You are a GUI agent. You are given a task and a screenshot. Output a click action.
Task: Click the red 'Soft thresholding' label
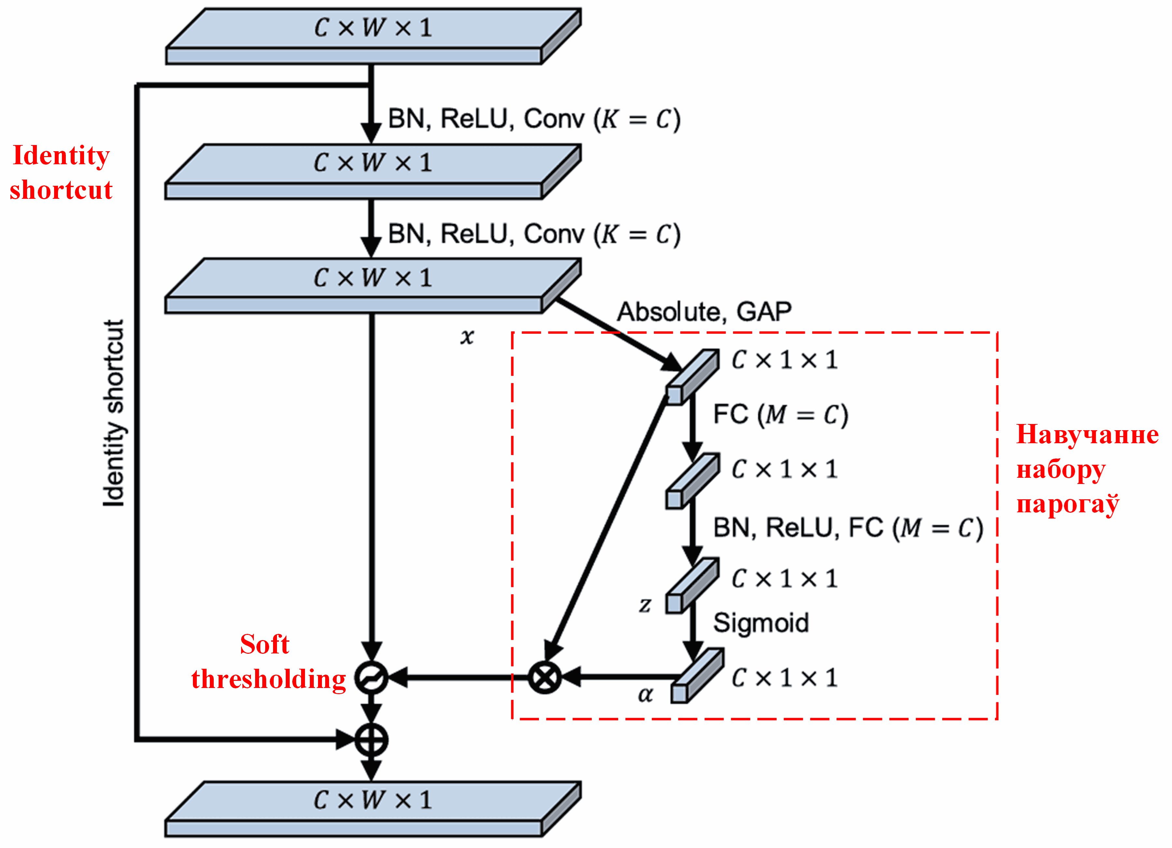pos(268,662)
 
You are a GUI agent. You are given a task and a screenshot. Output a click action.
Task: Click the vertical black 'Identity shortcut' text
pos(114,413)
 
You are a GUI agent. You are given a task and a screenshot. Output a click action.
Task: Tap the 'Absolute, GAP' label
pos(704,312)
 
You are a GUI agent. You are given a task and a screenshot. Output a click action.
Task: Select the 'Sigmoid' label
pos(761,623)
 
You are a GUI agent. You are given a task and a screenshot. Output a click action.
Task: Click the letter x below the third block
pos(467,337)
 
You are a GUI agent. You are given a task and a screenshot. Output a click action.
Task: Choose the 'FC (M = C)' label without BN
pos(780,415)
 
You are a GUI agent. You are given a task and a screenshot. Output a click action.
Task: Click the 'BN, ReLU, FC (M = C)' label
pos(847,528)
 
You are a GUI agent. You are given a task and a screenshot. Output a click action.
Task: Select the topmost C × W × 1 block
pos(373,36)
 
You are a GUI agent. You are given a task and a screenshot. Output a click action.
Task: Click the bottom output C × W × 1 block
pos(373,809)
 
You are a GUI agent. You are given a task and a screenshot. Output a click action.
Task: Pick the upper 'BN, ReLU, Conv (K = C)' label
pos(534,119)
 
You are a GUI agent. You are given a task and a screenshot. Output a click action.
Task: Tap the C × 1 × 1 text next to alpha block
pos(784,678)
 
